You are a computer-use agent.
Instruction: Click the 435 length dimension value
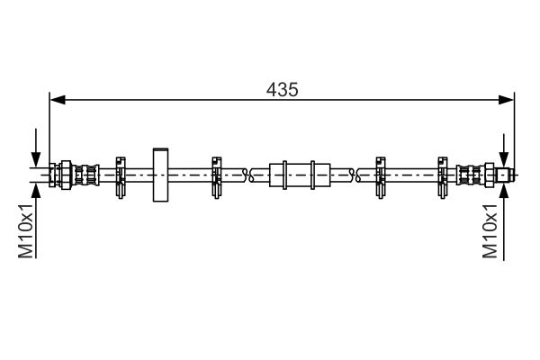[282, 90]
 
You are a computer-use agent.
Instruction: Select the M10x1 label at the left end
[26, 230]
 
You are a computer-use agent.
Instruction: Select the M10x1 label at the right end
[490, 230]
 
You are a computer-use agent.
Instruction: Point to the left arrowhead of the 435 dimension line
[58, 100]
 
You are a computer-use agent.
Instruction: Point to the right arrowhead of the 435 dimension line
[506, 100]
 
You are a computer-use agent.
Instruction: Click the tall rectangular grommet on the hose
[160, 175]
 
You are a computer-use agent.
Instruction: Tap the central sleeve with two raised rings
[300, 175]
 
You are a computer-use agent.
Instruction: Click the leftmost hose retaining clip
[121, 177]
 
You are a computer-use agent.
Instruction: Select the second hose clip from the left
[216, 177]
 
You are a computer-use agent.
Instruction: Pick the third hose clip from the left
[380, 177]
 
